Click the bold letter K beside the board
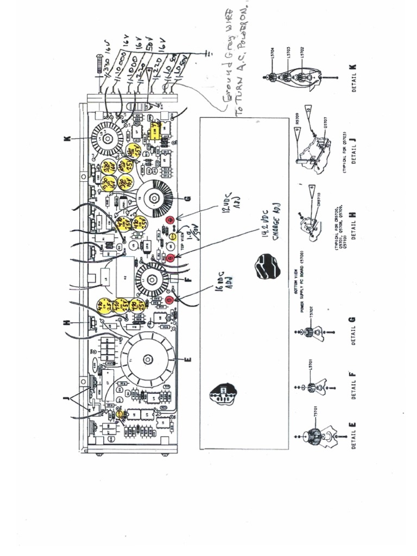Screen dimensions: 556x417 click(67, 139)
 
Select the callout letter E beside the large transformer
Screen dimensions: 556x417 click(188, 359)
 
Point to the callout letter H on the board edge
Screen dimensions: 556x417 click(67, 322)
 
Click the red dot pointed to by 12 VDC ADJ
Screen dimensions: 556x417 click(169, 220)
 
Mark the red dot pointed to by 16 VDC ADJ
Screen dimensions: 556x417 click(169, 299)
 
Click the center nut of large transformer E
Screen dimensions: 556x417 click(147, 359)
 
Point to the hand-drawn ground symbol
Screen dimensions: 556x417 click(207, 54)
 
